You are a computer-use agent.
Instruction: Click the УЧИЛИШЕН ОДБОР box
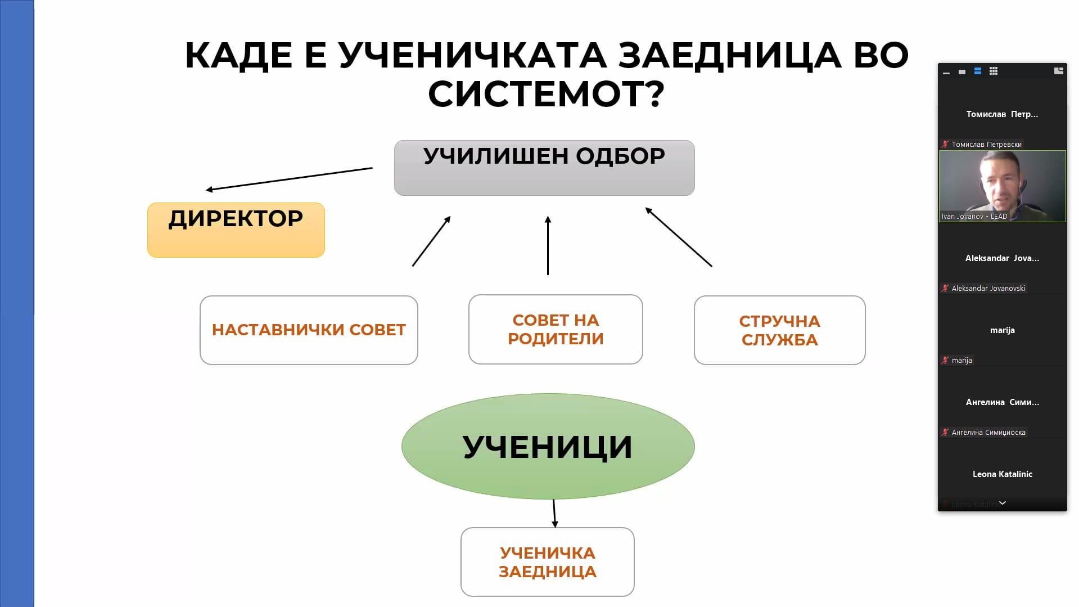click(x=544, y=168)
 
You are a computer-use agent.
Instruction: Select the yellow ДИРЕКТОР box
click(x=236, y=230)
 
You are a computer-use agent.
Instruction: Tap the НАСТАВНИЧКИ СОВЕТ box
click(x=309, y=330)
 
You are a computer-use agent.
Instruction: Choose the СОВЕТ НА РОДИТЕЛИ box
click(x=555, y=329)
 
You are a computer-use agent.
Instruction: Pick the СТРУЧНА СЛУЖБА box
click(x=779, y=330)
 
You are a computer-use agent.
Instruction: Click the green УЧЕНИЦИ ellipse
click(x=548, y=446)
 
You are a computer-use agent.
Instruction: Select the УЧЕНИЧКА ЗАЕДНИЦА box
click(x=547, y=561)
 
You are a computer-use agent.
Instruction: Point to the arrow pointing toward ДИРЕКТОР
click(x=289, y=179)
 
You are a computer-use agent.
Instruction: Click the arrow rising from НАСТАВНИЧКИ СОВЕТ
click(x=431, y=241)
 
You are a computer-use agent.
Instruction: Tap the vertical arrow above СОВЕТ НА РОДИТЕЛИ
click(x=548, y=245)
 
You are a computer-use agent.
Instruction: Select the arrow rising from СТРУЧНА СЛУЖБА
click(x=679, y=237)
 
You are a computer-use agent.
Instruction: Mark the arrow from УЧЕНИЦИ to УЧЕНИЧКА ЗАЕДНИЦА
click(x=554, y=513)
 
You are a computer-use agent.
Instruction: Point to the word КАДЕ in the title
click(x=238, y=55)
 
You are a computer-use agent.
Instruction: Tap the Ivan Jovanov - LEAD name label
click(x=974, y=216)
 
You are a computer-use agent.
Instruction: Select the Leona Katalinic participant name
click(x=1002, y=474)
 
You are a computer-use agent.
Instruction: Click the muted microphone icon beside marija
click(x=945, y=360)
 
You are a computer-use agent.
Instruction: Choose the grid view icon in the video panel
click(x=994, y=71)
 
